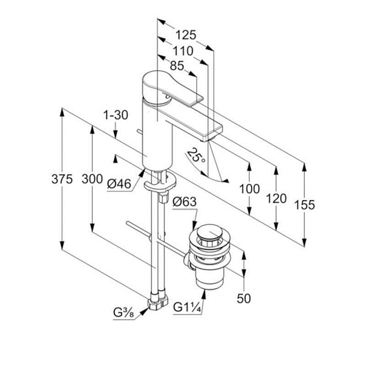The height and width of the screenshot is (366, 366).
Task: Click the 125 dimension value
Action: pos(186,35)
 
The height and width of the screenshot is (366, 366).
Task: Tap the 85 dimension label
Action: pos(177,66)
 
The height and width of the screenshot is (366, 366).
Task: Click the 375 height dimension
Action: pos(62,179)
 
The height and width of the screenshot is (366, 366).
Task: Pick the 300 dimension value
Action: pos(92,179)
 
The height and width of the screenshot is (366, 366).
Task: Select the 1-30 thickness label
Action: pos(115,115)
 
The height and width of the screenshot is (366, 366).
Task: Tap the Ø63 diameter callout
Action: pos(184,201)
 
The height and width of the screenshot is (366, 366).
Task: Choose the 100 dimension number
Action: pos(249,188)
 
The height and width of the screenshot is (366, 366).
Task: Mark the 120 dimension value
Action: pos(276,199)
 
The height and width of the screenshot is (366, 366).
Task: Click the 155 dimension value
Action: pos(304,205)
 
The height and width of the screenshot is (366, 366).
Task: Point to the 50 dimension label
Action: pos(244,298)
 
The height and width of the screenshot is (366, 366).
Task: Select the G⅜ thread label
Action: pos(123,313)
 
